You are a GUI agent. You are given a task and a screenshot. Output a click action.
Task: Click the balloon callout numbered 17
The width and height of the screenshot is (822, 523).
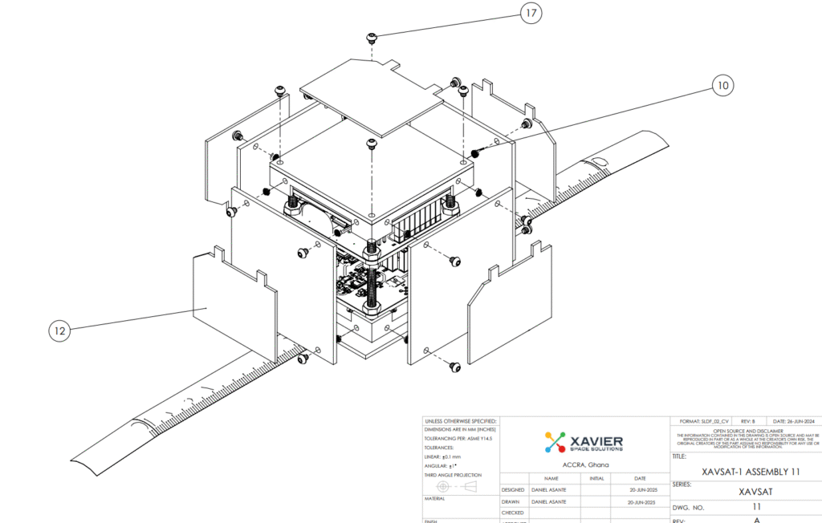pos(530,13)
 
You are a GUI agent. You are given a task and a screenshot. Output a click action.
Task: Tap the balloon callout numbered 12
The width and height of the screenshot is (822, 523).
pos(59,330)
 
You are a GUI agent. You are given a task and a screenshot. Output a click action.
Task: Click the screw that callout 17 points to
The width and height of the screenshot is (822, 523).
pos(372,37)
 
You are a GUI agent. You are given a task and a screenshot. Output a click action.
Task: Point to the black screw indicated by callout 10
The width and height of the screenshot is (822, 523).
pos(476,152)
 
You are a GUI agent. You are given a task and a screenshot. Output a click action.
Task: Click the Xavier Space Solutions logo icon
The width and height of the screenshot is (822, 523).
pos(555,442)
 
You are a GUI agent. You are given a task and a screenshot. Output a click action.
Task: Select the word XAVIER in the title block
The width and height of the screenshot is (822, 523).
pos(596,439)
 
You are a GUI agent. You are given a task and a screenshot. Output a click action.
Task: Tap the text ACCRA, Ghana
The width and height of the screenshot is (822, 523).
pos(584,464)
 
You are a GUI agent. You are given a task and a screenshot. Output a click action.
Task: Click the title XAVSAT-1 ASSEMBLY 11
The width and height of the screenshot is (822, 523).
pos(750,472)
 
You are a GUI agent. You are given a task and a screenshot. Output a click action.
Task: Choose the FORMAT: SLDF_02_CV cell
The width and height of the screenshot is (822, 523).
pos(703,421)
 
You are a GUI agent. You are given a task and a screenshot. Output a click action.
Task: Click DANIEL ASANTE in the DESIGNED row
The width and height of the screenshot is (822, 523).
pos(551,489)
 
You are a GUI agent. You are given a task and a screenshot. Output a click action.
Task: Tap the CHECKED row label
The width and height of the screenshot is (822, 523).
pos(513,513)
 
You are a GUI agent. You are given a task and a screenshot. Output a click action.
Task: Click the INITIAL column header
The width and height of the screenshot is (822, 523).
pos(596,478)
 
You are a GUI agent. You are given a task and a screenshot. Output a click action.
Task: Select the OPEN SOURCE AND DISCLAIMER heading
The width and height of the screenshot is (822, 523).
pos(746,430)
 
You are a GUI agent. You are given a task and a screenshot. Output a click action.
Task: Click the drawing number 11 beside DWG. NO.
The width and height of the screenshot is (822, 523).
pos(756,507)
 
